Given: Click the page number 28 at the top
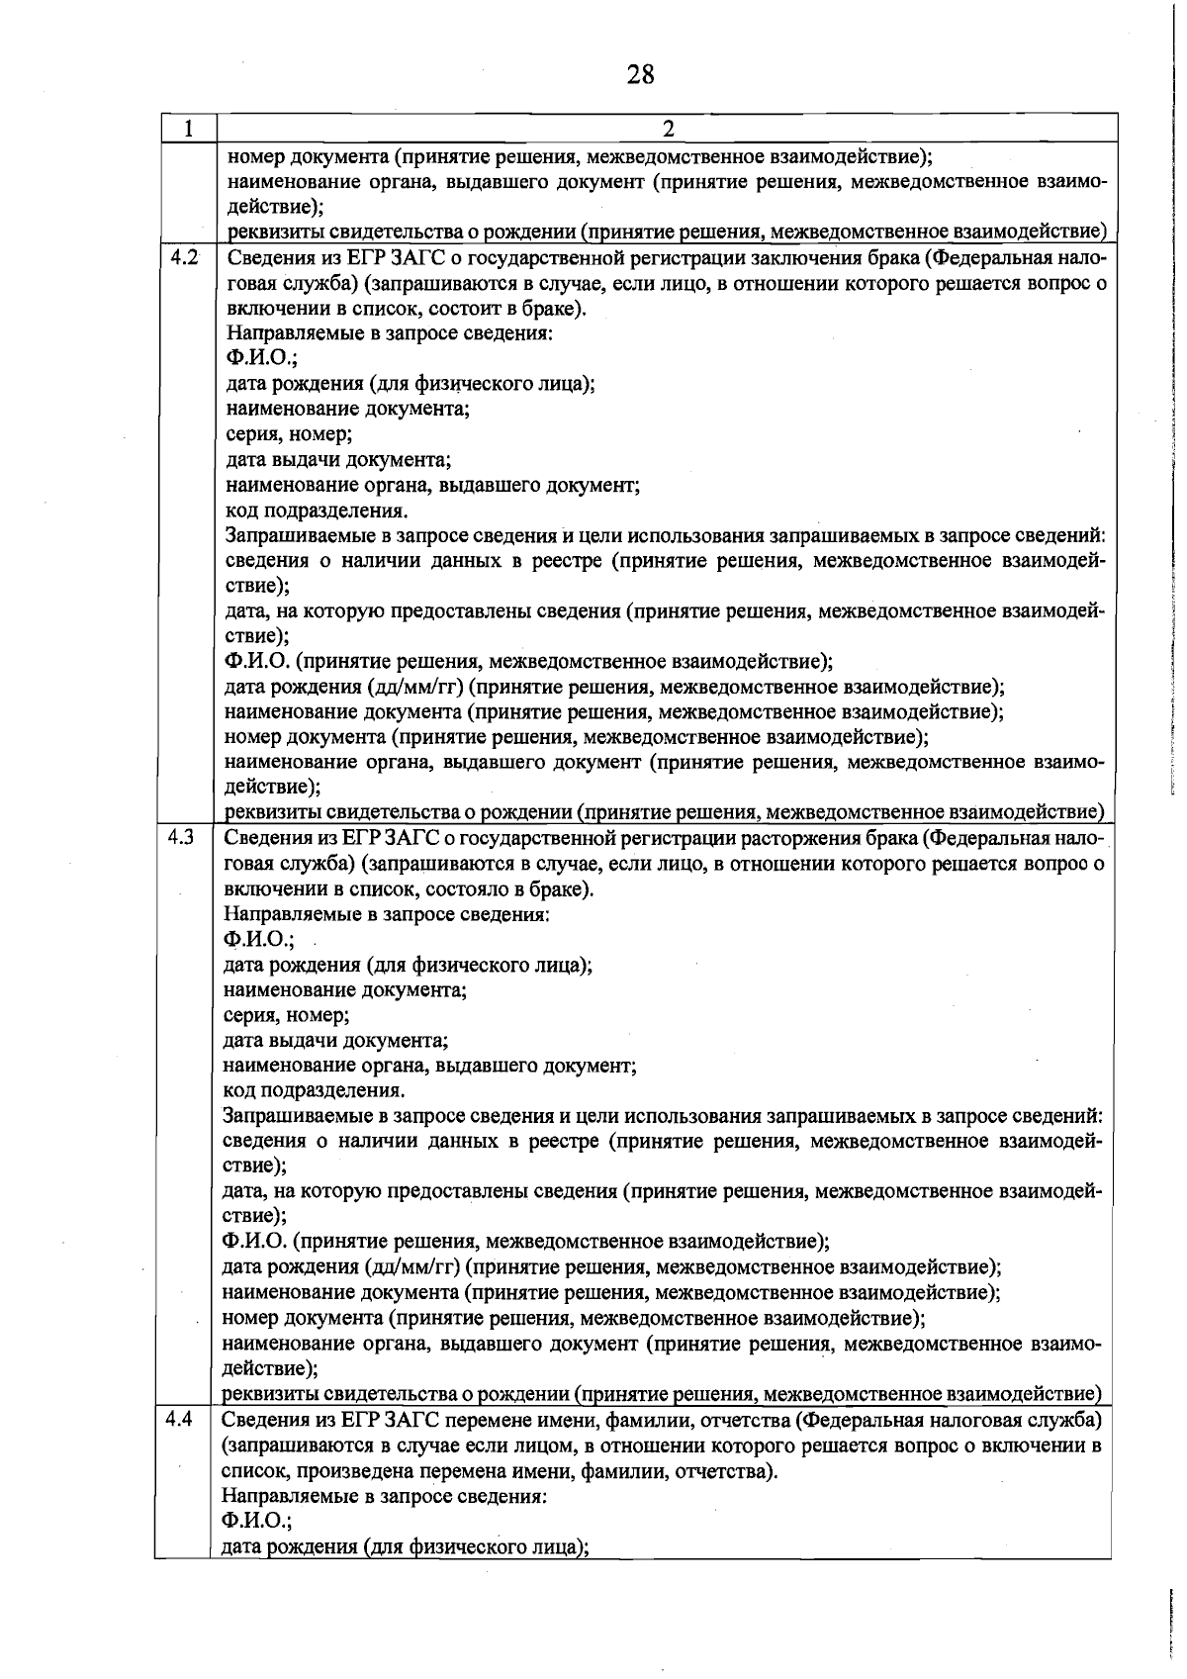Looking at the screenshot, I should coord(640,75).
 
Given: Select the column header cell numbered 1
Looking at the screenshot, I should coord(187,129).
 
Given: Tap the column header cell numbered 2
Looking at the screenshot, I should coord(668,129).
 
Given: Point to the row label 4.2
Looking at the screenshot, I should coord(184,258).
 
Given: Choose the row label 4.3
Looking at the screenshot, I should coord(182,838).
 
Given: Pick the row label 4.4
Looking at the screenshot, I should coord(180,1420).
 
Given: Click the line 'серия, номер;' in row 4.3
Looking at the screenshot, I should coord(286,1015).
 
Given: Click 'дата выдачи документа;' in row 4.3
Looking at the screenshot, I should coord(336,1041).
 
